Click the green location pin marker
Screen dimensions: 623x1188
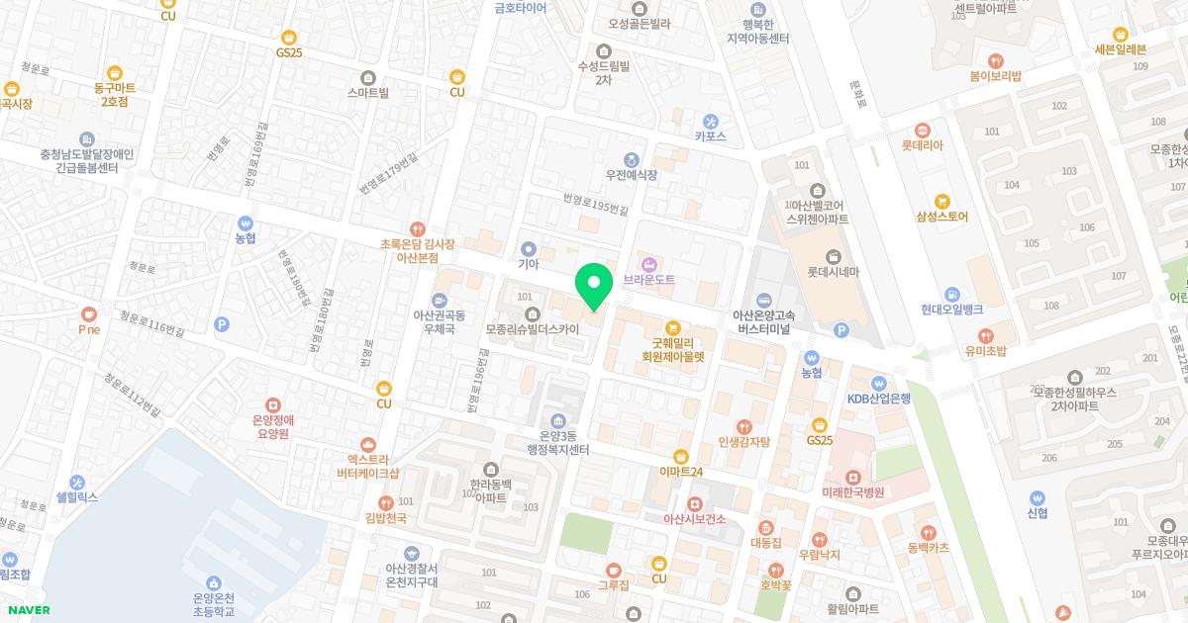(594, 286)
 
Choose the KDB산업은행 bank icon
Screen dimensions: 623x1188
(878, 383)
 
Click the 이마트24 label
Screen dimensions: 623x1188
(680, 473)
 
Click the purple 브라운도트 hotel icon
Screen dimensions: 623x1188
(649, 263)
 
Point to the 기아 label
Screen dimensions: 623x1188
(528, 265)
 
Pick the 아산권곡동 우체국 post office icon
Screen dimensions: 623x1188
(439, 300)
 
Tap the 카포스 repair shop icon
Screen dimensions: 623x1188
(710, 121)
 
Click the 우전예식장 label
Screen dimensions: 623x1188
(632, 175)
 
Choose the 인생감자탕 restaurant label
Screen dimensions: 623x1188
(737, 442)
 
